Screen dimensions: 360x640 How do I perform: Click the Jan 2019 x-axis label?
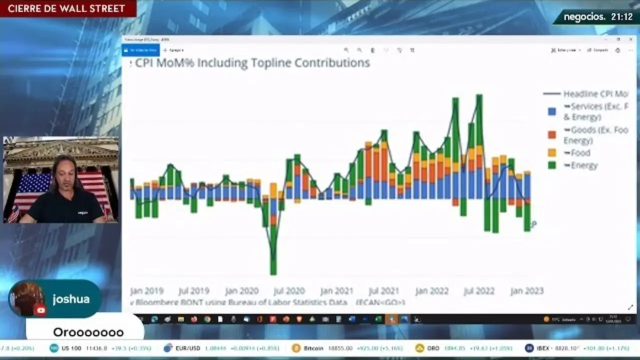[146, 291]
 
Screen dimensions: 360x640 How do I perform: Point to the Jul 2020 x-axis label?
[289, 291]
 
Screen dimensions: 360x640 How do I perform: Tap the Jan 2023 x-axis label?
[526, 291]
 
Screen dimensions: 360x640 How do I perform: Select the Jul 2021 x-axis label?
[383, 291]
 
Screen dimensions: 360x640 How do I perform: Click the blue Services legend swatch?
[552, 111]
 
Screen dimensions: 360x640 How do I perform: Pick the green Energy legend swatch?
[552, 165]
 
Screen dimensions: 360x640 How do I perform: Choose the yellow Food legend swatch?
[552, 153]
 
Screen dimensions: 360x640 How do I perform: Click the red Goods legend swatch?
[552, 135]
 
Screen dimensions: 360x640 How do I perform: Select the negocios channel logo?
[584, 17]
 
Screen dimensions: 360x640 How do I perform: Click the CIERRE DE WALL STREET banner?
[66, 8]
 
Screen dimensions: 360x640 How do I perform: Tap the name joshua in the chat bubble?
[71, 299]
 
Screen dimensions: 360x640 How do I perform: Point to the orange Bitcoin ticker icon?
[296, 348]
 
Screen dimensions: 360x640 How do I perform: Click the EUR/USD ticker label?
[187, 348]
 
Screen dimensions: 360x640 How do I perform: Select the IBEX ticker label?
[542, 348]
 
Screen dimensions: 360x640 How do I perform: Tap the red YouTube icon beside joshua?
[40, 310]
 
